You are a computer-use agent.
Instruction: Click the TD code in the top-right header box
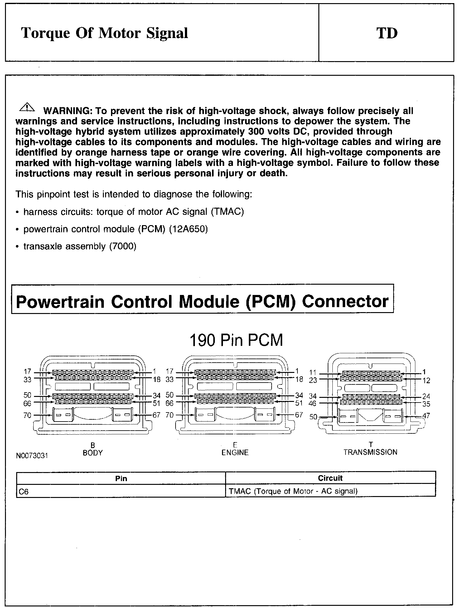tap(387, 33)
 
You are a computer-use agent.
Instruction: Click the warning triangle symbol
tap(27, 107)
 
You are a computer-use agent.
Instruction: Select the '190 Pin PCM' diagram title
tap(236, 340)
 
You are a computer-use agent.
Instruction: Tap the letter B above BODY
tap(92, 445)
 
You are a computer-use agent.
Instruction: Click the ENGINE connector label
tap(235, 452)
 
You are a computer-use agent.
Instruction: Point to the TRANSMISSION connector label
tap(370, 452)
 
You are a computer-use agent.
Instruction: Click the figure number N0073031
tap(32, 456)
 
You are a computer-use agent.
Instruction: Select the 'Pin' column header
tap(121, 478)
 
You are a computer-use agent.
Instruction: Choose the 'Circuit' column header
tap(330, 478)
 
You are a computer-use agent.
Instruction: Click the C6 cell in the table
tap(24, 492)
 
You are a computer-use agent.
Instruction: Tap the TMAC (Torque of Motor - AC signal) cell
tap(293, 491)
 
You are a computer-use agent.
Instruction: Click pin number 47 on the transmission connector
tap(426, 416)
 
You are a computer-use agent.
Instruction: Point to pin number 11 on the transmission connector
tap(313, 372)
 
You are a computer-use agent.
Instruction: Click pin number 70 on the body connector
tap(27, 415)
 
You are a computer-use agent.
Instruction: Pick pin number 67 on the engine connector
tap(299, 415)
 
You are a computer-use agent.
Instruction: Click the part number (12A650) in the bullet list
tap(188, 229)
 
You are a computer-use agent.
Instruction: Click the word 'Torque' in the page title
tap(46, 33)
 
